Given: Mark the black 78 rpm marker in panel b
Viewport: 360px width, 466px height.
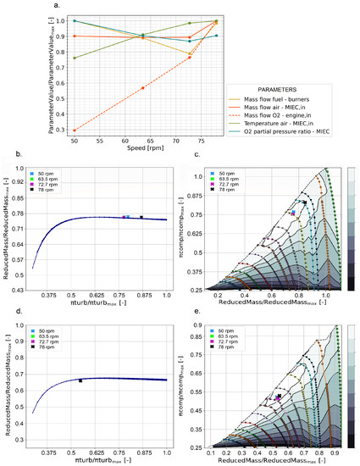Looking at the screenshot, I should coord(141,218).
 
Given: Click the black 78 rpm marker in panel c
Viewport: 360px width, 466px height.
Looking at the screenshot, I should coord(303,202).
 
